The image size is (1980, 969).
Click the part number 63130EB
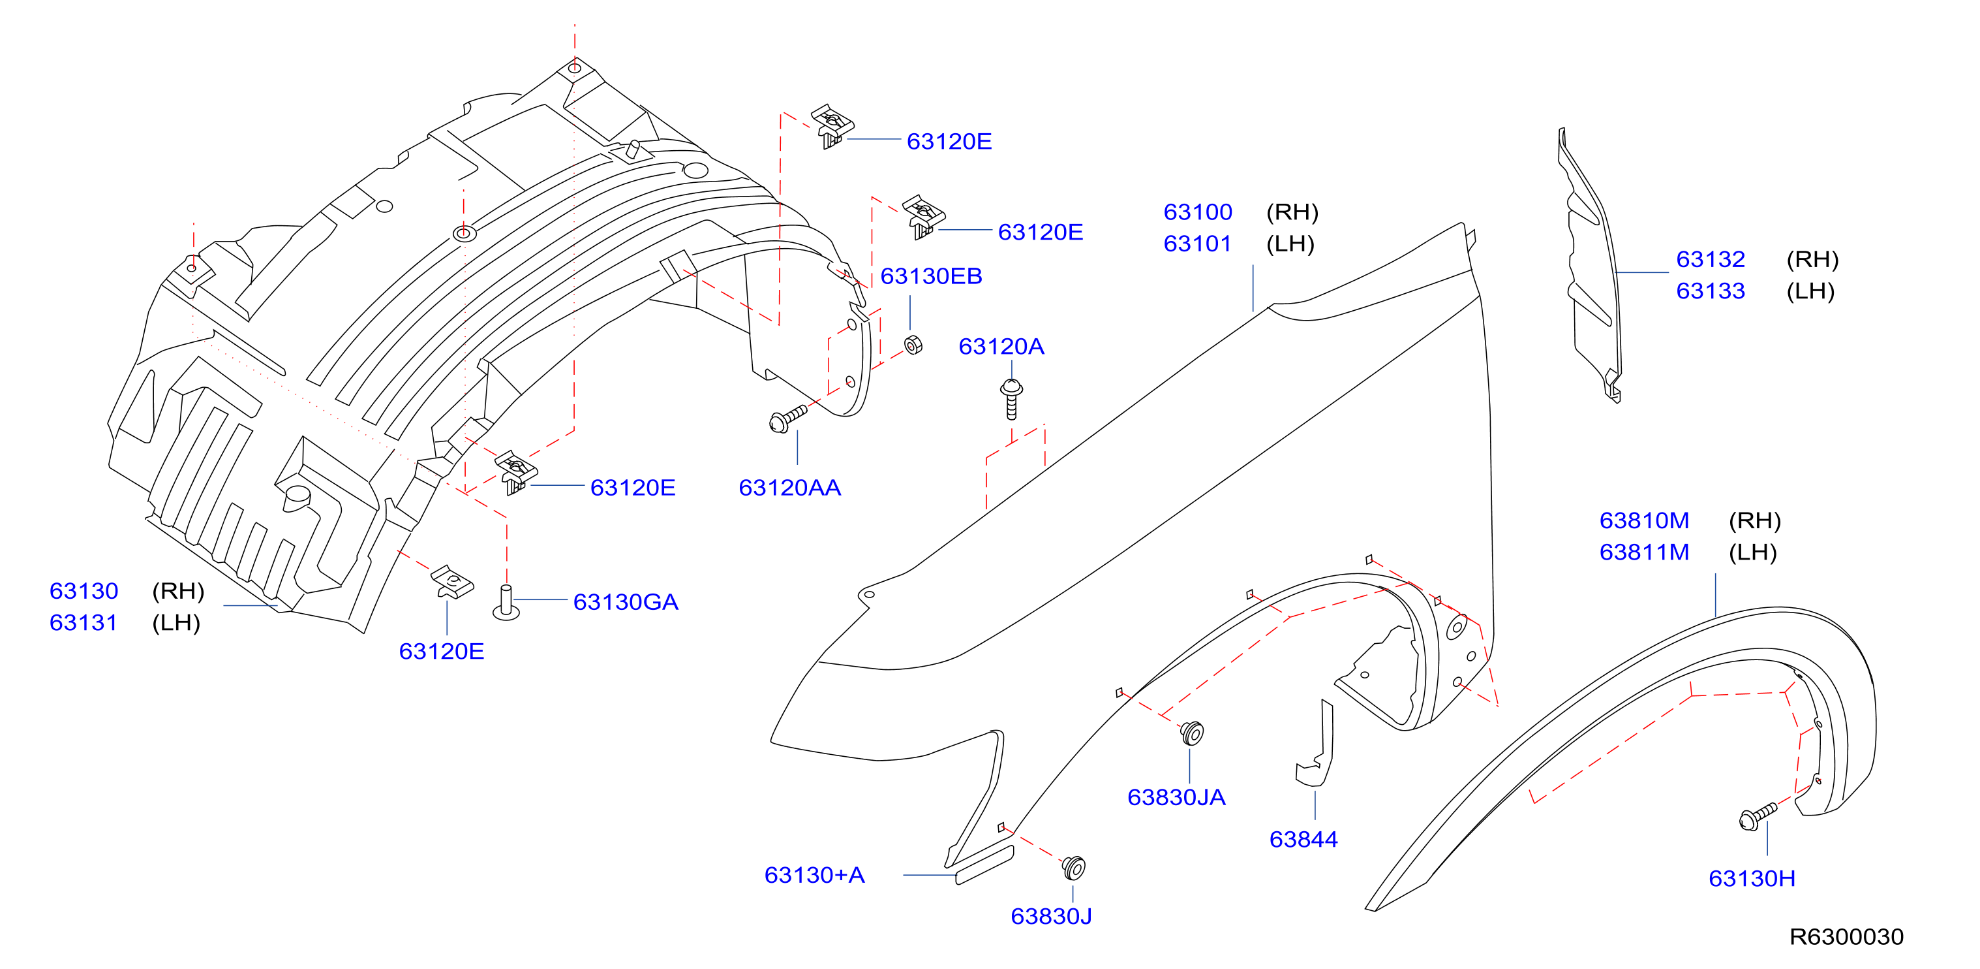(931, 276)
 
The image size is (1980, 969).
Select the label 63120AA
(789, 488)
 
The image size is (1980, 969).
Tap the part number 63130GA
(626, 602)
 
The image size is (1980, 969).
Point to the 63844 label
(1303, 839)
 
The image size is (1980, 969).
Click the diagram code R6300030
(1846, 937)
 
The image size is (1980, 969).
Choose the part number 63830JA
(1176, 797)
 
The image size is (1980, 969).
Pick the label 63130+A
(815, 875)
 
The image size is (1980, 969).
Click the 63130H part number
(1752, 878)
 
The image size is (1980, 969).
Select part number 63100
(1198, 212)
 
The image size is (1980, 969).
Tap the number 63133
(1710, 291)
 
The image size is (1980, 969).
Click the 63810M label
(1644, 520)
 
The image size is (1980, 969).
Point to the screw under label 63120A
(1011, 399)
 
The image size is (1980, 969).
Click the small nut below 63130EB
(913, 345)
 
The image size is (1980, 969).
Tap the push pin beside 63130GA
(506, 603)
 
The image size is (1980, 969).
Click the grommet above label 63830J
(1073, 868)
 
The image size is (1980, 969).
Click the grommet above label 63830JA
(1191, 733)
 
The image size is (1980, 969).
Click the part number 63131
(83, 623)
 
